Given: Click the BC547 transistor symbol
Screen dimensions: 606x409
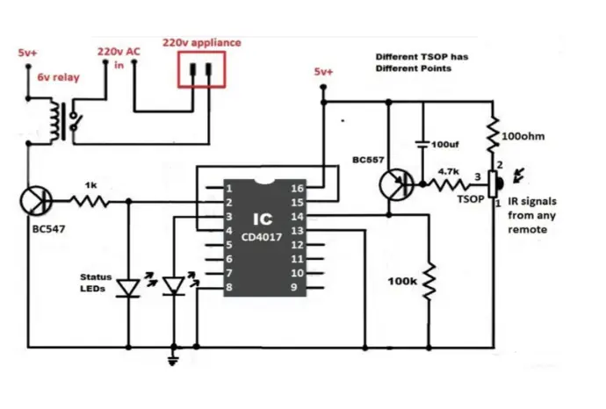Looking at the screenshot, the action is pyautogui.click(x=36, y=201).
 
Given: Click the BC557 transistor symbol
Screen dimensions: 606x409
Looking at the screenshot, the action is pyautogui.click(x=396, y=184).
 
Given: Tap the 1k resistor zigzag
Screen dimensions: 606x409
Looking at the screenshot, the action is pyautogui.click(x=90, y=201).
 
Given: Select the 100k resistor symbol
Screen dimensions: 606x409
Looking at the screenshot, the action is pyautogui.click(x=429, y=282).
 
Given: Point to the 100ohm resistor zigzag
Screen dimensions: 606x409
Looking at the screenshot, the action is pyautogui.click(x=493, y=135).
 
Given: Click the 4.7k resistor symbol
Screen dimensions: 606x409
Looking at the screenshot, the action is pyautogui.click(x=449, y=184).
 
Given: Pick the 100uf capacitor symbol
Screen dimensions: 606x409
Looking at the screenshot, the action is pyautogui.click(x=422, y=144).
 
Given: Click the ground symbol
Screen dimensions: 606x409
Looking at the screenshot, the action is pyautogui.click(x=173, y=361).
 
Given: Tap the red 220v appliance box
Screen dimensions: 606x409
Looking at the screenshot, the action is pyautogui.click(x=201, y=69).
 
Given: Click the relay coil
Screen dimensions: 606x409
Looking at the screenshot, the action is pyautogui.click(x=54, y=121).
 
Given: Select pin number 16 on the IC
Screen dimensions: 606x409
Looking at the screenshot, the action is pyautogui.click(x=297, y=188).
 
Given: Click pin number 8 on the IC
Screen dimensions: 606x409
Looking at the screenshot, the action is pyautogui.click(x=229, y=287).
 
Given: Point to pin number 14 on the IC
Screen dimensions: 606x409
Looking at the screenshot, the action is pyautogui.click(x=297, y=216).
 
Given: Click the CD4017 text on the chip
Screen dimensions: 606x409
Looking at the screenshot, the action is pyautogui.click(x=262, y=237).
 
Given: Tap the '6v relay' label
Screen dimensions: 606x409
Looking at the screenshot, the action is pyautogui.click(x=58, y=77).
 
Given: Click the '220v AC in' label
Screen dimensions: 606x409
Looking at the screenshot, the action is pyautogui.click(x=119, y=58).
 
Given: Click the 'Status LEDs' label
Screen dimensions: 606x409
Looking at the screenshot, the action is pyautogui.click(x=96, y=283).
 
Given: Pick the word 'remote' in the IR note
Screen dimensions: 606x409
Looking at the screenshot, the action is pyautogui.click(x=527, y=229).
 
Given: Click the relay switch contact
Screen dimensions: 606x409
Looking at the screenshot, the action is pyautogui.click(x=75, y=120).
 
